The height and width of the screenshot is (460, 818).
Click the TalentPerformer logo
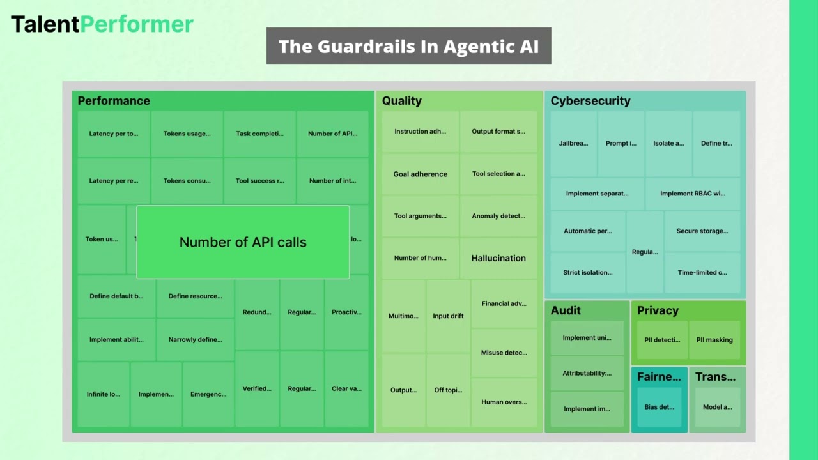102,24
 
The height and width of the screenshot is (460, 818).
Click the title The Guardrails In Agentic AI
408,46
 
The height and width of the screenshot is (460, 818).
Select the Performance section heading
114,101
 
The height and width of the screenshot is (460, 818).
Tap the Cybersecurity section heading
590,101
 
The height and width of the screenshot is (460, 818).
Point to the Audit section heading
566,310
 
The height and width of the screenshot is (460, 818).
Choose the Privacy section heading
658,310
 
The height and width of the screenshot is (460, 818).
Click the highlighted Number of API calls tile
243,242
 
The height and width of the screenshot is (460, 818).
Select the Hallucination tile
498,258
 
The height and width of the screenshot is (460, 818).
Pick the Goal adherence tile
420,174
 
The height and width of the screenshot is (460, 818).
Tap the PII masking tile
714,340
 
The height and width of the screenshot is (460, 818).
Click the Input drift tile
448,316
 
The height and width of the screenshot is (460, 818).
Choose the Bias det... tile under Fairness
659,407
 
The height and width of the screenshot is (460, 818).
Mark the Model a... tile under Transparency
717,407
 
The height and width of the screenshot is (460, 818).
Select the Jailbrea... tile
573,144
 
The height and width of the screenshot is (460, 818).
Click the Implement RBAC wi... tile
693,194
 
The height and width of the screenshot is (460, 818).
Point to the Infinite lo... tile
104,394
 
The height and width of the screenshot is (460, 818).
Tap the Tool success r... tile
259,181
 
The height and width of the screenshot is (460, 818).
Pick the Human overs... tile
504,402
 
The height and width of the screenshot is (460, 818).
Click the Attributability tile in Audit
587,373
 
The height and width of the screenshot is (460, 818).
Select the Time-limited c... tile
702,272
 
